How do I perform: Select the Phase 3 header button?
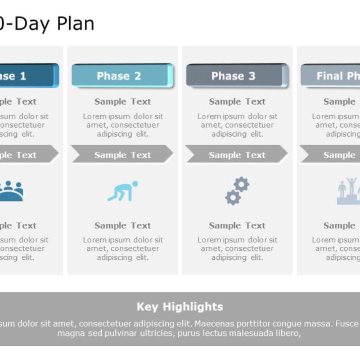click(x=236, y=76)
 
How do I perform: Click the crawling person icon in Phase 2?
click(x=123, y=191)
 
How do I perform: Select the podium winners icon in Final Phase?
click(x=348, y=191)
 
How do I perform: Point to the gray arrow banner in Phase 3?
click(x=236, y=155)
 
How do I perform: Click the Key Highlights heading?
click(x=180, y=307)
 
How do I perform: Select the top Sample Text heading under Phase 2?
click(x=123, y=102)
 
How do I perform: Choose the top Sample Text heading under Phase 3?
click(x=237, y=102)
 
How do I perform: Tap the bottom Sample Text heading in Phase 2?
click(x=123, y=226)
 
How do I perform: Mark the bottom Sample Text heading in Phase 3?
click(x=237, y=226)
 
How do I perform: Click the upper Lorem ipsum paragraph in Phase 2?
click(x=123, y=125)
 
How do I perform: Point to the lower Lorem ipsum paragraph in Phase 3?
click(x=237, y=249)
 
